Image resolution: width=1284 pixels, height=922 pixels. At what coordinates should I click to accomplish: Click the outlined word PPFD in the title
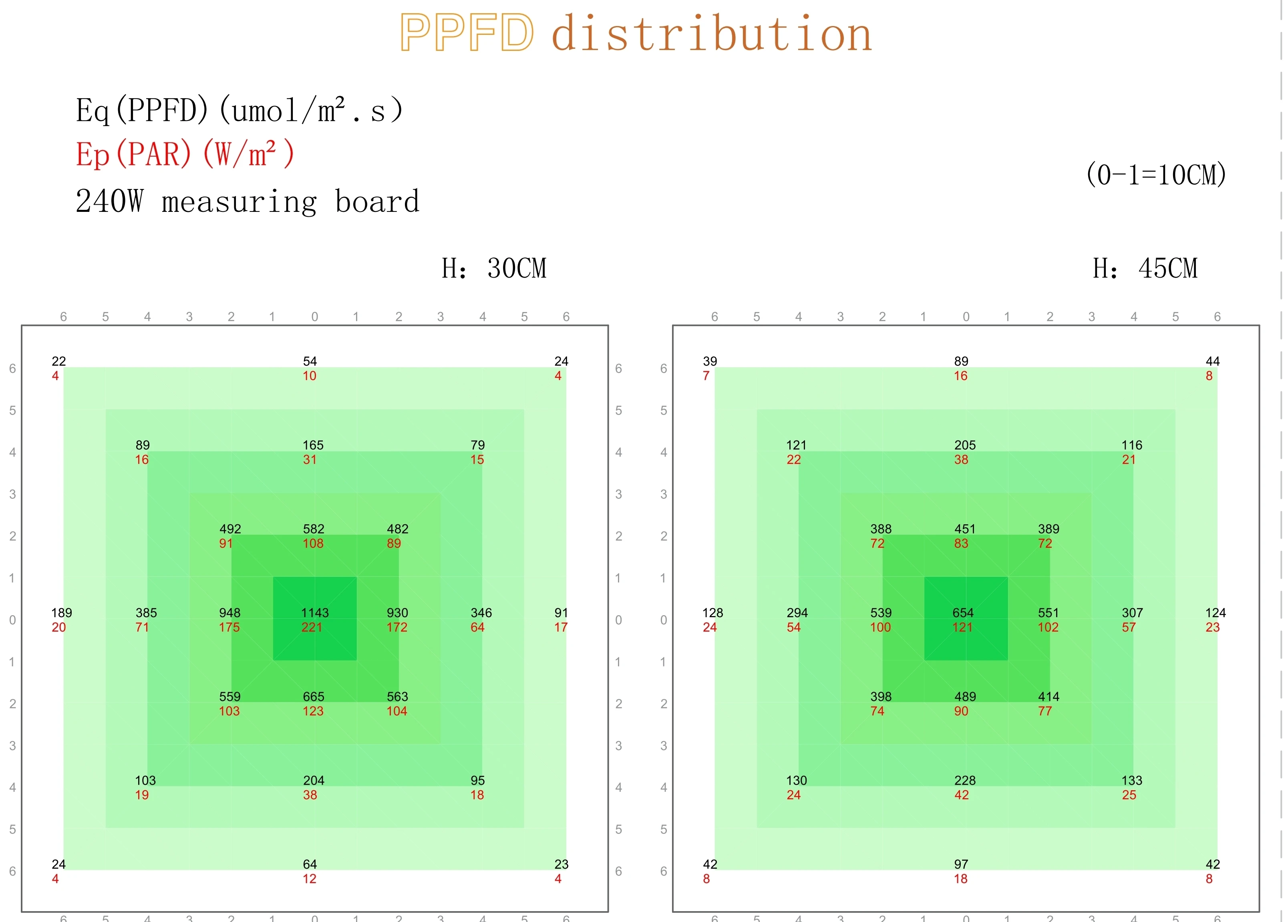pyautogui.click(x=467, y=33)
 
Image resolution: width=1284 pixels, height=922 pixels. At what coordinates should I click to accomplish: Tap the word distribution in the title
pyautogui.click(x=712, y=33)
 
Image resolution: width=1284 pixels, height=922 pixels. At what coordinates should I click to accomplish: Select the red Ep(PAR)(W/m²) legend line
pyautogui.click(x=185, y=154)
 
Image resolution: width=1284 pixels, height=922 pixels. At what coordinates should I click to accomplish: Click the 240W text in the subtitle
pyautogui.click(x=109, y=201)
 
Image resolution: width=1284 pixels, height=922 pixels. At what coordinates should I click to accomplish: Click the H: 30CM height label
pyautogui.click(x=494, y=268)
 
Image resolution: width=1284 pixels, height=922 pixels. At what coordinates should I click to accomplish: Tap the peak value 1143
pyautogui.click(x=315, y=613)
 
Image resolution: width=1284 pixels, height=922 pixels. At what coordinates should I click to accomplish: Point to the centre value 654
pyautogui.click(x=963, y=613)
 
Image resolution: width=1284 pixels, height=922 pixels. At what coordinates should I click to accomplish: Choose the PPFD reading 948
pyautogui.click(x=230, y=613)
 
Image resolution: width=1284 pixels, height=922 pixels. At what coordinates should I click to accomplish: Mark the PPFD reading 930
pyautogui.click(x=397, y=613)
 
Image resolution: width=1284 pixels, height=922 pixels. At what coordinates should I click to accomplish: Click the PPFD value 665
pyautogui.click(x=314, y=697)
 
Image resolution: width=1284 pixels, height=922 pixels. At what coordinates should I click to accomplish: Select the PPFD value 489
pyautogui.click(x=965, y=697)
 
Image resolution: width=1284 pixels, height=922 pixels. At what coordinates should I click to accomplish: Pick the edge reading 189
pyautogui.click(x=62, y=613)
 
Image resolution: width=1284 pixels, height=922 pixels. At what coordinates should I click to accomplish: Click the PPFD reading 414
pyautogui.click(x=1049, y=697)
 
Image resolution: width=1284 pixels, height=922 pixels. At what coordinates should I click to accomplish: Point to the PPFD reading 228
pyautogui.click(x=965, y=780)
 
